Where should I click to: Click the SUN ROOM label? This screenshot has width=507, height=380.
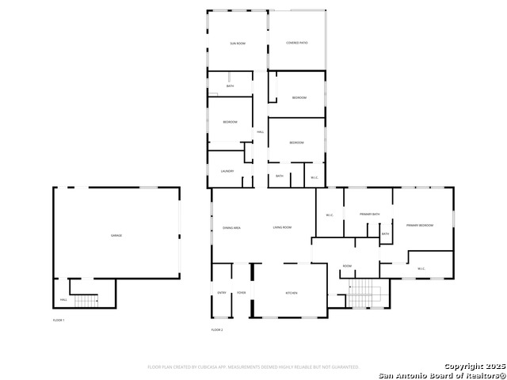237,43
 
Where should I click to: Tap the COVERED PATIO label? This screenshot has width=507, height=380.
296,43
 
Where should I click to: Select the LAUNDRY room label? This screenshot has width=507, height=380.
227,171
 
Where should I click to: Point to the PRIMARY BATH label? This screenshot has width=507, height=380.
370,215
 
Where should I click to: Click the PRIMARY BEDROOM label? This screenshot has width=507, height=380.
420,226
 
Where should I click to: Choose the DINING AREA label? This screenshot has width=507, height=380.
231,228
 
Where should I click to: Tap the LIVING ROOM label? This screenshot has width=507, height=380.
283,228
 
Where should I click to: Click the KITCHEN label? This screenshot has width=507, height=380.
291,293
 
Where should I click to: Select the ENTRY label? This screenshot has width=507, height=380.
221,293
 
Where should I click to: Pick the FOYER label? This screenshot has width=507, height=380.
241,293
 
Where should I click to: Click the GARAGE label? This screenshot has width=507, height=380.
116,236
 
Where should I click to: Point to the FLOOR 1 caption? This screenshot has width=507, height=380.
59,320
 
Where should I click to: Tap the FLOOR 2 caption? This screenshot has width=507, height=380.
217,329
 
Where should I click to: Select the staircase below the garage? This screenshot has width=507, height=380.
85,299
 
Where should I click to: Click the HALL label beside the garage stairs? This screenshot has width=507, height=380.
63,300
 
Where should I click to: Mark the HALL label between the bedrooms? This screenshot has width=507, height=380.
260,131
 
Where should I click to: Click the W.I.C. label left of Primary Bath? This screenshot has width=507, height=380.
330,215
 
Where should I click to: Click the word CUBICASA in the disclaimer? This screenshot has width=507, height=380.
216,367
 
